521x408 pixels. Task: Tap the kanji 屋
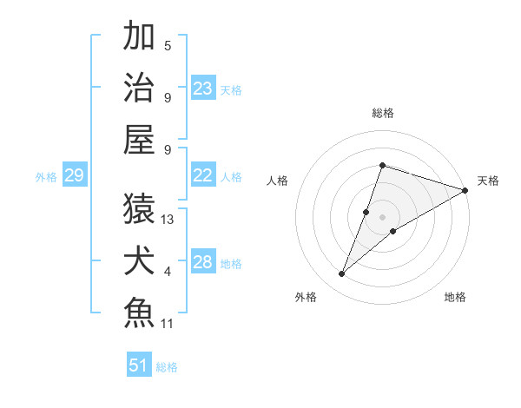click(140, 139)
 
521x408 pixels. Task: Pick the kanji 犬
click(140, 260)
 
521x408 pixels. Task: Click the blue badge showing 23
click(203, 88)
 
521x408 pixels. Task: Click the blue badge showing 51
click(139, 365)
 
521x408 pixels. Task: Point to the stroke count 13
click(168, 220)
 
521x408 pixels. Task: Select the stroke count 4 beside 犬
click(168, 272)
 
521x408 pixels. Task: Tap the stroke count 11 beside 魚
click(168, 324)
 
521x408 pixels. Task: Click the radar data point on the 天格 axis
click(465, 190)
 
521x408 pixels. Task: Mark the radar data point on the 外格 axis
click(342, 274)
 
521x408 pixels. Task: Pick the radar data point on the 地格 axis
click(393, 230)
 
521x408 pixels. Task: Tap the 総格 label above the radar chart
click(383, 113)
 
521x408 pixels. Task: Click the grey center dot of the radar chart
click(383, 216)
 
